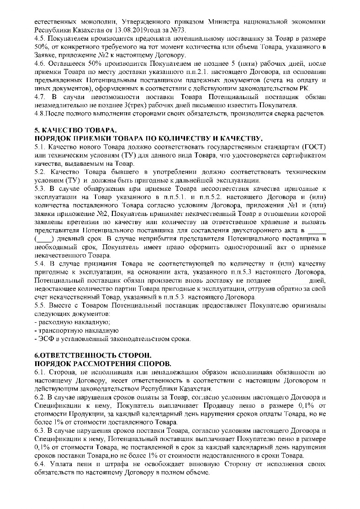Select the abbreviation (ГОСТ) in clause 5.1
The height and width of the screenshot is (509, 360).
pyautogui.click(x=312, y=147)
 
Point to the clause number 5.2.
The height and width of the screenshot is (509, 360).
pyautogui.click(x=40, y=172)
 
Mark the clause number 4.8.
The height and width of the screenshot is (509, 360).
pyautogui.click(x=40, y=114)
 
